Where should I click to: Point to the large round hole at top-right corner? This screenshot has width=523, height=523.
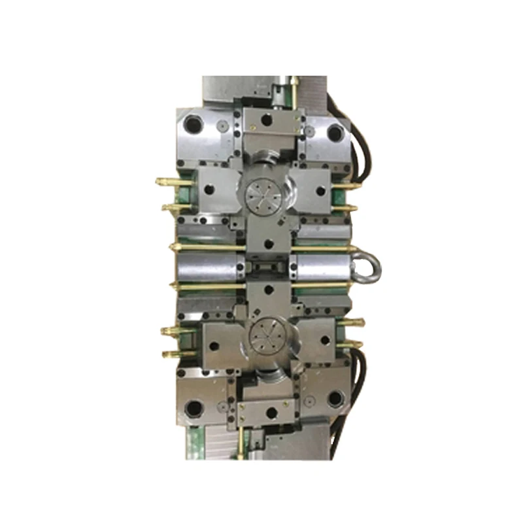click(x=335, y=133)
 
